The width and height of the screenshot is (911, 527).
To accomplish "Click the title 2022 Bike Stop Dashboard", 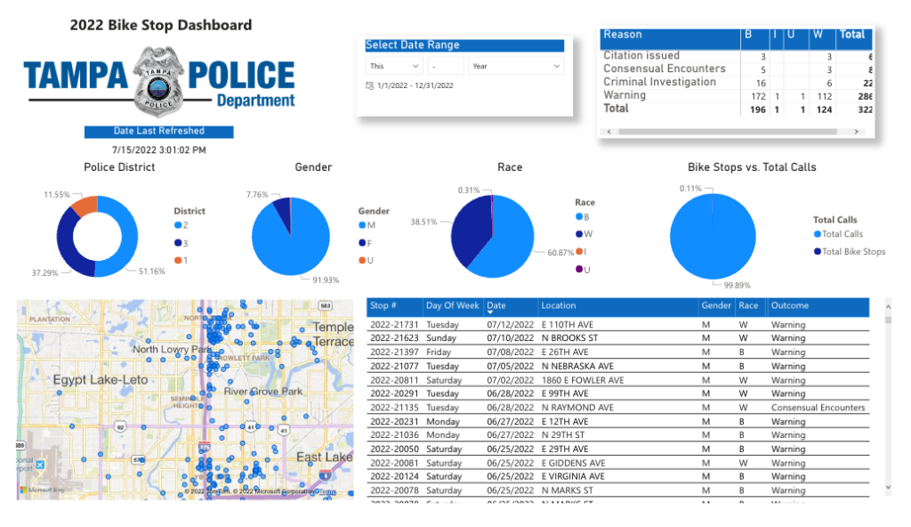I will tap(161, 25).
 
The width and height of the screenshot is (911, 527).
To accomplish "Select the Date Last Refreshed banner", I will tap(158, 131).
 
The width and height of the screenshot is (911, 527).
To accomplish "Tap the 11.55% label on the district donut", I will tap(57, 193).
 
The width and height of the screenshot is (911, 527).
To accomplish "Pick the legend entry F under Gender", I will tap(367, 242).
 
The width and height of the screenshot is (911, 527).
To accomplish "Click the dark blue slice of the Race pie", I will tap(471, 230).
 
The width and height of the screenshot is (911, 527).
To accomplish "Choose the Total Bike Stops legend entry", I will tap(853, 252).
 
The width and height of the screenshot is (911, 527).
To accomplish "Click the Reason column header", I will tap(623, 35).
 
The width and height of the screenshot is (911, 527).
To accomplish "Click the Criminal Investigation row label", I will tap(659, 82).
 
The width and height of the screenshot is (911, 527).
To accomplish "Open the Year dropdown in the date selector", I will tap(517, 66).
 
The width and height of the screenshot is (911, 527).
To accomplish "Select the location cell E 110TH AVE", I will tap(567, 325).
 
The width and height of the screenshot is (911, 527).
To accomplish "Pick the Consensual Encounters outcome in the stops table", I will tap(818, 408).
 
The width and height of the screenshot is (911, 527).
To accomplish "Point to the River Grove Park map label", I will tap(263, 392).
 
